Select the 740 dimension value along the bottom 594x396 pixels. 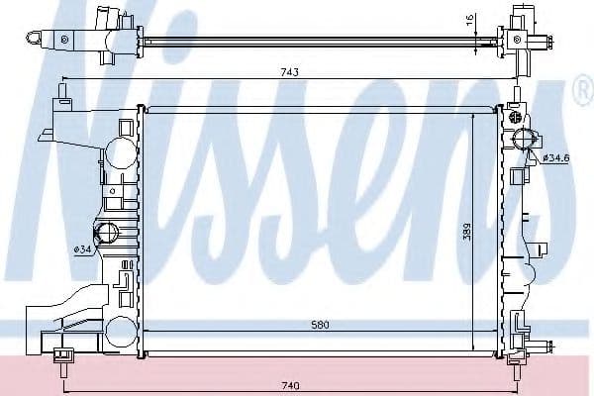click(289, 385)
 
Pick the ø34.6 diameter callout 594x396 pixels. click(554, 157)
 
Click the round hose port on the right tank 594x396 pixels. click(523, 140)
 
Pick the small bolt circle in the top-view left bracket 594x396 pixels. click(64, 39)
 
